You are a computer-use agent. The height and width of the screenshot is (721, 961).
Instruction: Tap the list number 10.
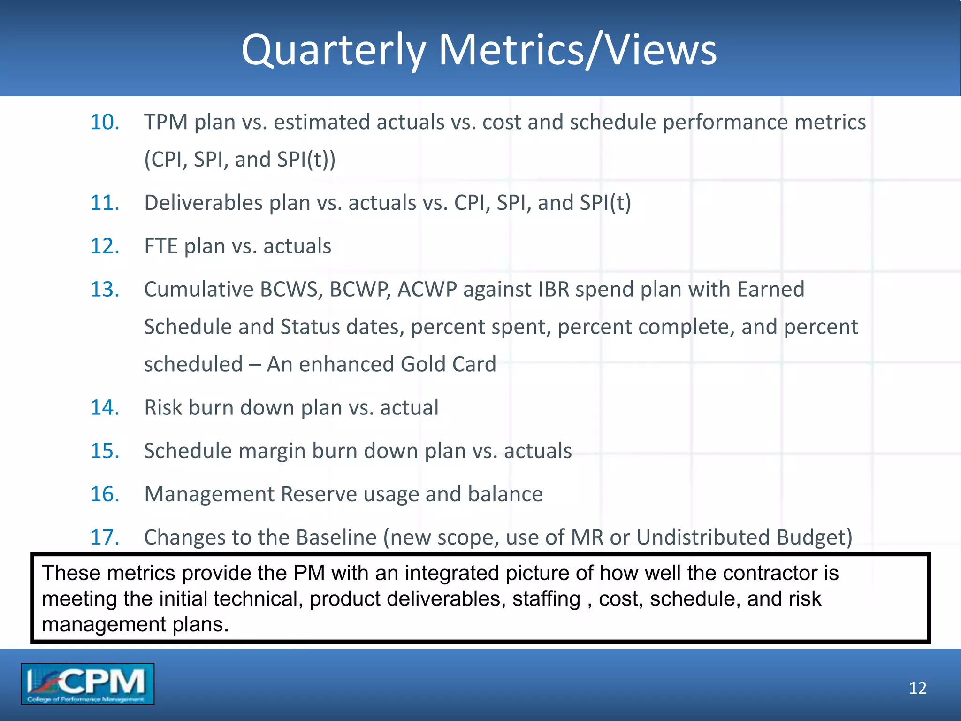click(x=104, y=122)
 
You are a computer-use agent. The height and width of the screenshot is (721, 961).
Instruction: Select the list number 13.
click(x=104, y=289)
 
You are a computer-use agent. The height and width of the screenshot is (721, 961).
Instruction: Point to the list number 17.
click(x=104, y=537)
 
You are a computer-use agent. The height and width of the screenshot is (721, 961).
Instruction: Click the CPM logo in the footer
click(x=87, y=683)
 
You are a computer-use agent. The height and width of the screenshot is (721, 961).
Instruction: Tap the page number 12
click(x=917, y=688)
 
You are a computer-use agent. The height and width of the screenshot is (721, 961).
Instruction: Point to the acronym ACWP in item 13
click(x=427, y=289)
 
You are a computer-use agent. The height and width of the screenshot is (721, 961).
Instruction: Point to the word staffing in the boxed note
click(x=546, y=599)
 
